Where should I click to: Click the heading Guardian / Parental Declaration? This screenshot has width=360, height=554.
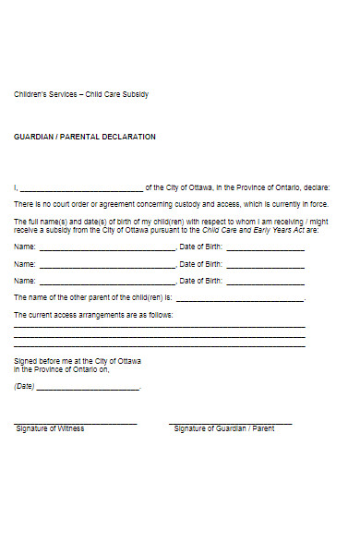tap(85, 137)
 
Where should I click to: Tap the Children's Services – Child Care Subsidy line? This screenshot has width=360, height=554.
tap(81, 95)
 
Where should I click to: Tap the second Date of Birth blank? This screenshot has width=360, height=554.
tap(265, 265)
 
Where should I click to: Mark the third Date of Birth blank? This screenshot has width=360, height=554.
tap(265, 281)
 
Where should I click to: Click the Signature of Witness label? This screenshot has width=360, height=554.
tap(50, 429)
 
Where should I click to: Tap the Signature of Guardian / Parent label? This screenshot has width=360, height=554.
tap(224, 429)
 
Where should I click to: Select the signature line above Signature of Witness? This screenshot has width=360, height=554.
tap(76, 423)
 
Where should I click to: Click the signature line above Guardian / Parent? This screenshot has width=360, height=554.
tap(231, 423)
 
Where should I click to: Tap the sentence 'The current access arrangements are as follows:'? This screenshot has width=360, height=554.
tap(93, 316)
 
